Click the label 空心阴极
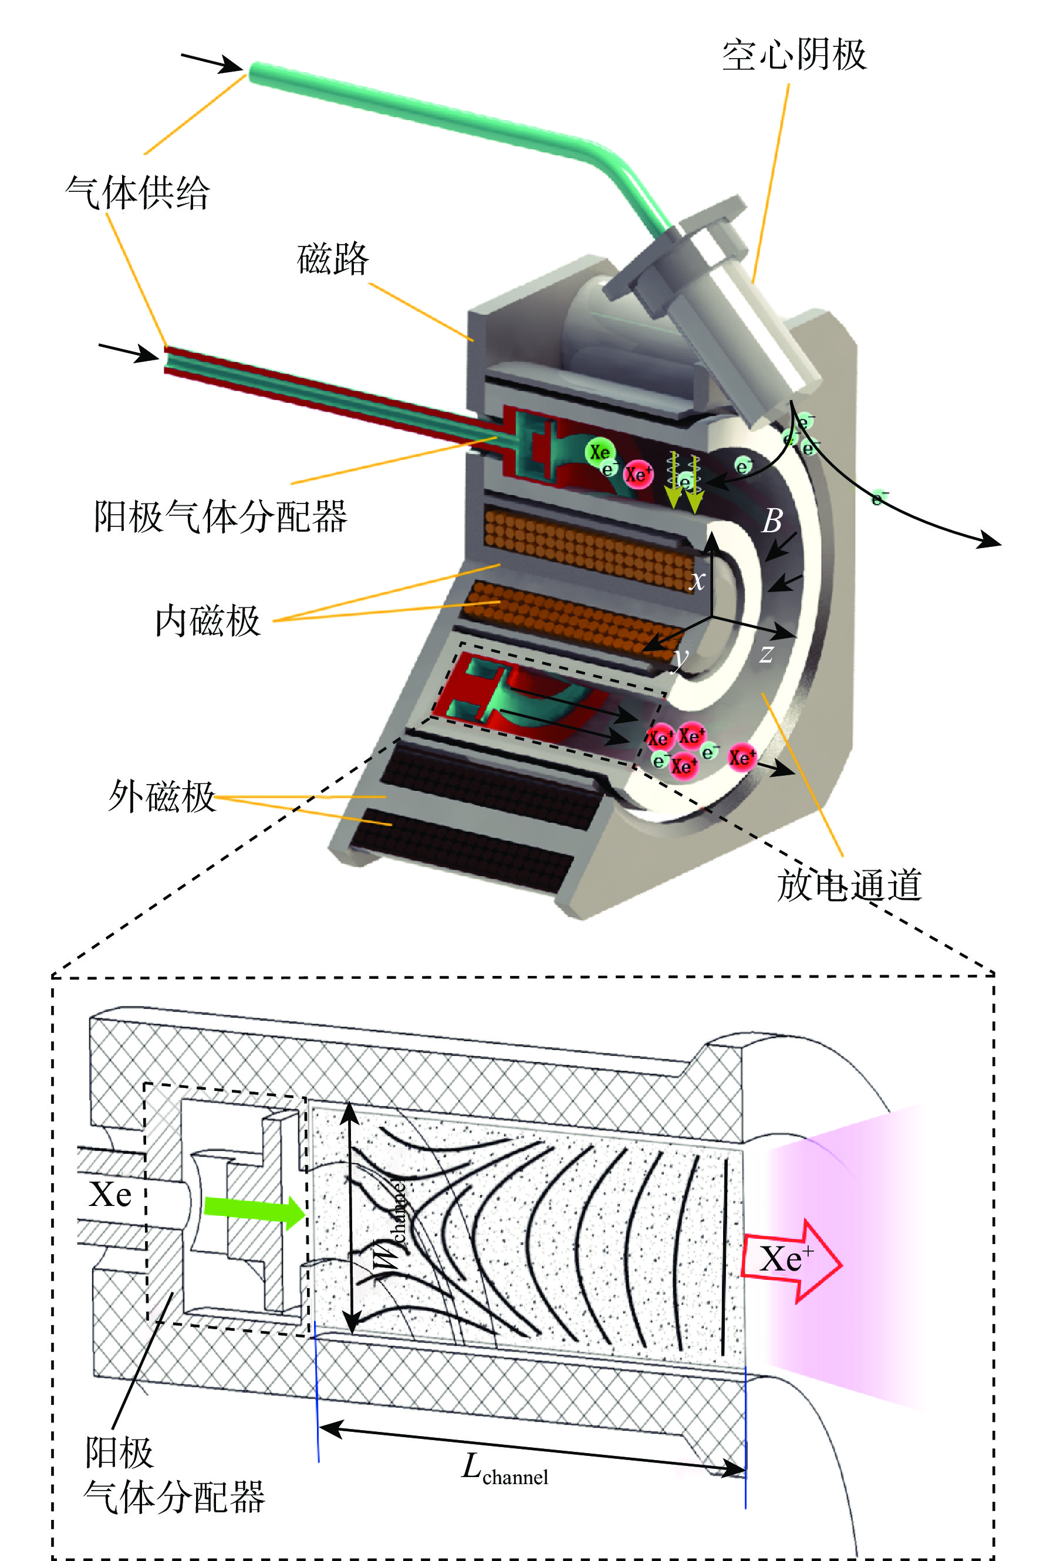point(793,55)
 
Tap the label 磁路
point(332,258)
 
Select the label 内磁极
point(208,621)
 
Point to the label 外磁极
point(162,796)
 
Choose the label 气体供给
point(137,193)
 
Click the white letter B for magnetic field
point(771,521)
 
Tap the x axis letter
point(697,580)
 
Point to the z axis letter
point(766,654)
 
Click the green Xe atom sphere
point(600,452)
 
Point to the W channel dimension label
point(391,1230)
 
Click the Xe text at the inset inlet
point(110,1195)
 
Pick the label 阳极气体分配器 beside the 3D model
point(220,516)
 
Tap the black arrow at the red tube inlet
point(129,352)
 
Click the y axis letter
point(680,658)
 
